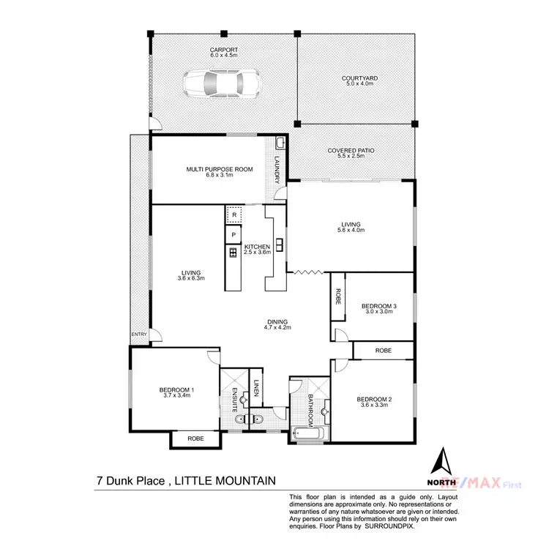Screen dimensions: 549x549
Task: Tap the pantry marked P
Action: point(234,234)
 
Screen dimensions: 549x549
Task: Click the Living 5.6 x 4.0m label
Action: point(351,228)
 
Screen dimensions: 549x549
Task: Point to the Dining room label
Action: point(277,325)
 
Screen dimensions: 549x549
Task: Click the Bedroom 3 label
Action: point(378,308)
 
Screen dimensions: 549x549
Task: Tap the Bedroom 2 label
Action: point(374,402)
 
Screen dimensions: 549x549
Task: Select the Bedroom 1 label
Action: point(176,392)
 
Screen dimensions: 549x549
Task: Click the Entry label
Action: point(139,335)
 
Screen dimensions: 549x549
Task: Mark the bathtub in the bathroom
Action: point(307,435)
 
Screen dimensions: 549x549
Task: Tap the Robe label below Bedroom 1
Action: point(195,438)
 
